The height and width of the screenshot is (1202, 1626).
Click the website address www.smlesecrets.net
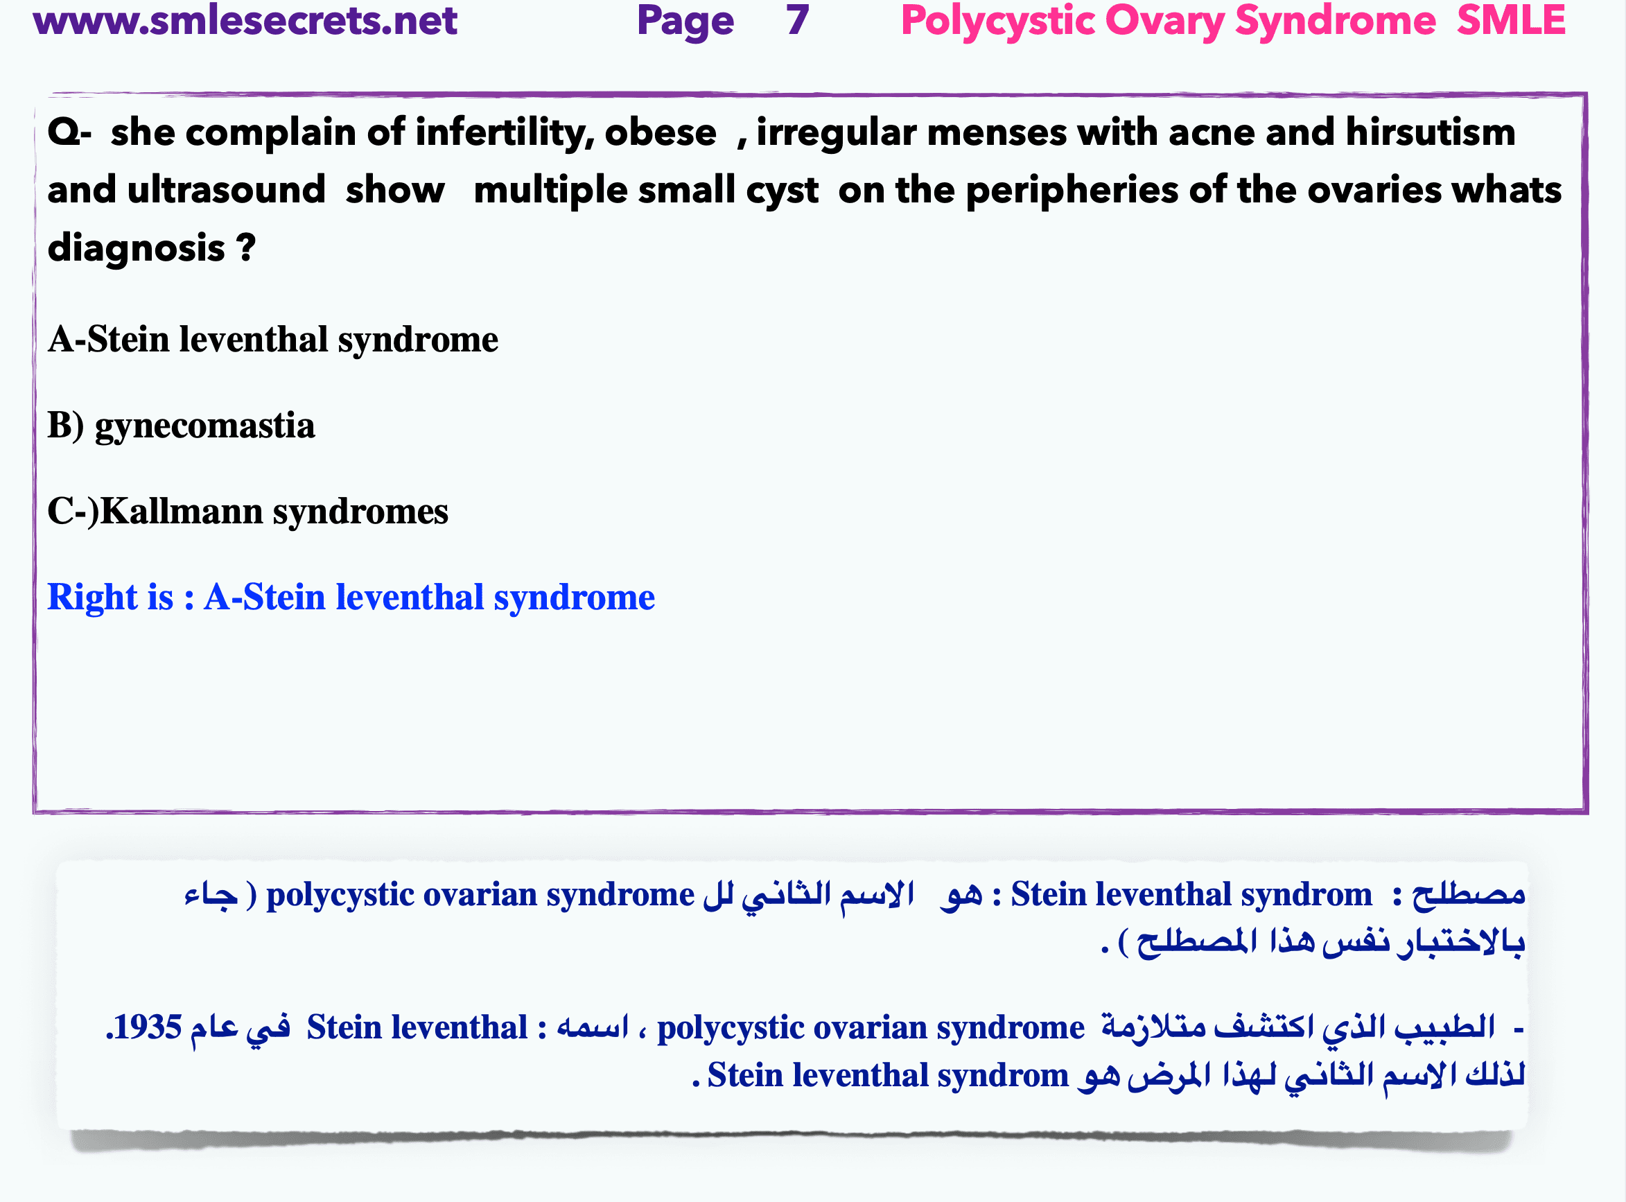coord(245,20)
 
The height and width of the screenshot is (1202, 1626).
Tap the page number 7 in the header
coord(796,20)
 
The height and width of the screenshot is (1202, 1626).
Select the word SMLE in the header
coord(1510,20)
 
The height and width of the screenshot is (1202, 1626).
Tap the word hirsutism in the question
coord(1431,133)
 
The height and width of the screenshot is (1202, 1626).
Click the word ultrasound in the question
coord(225,191)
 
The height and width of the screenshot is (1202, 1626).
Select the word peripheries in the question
coord(1072,191)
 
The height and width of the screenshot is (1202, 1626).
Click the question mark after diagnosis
coord(246,248)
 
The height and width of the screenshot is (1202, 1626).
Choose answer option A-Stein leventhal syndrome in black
coord(273,340)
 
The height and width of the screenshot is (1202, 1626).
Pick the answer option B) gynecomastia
coord(181,426)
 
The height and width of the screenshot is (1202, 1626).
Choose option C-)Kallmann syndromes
coord(247,512)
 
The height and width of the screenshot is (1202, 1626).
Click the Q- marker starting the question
coord(69,133)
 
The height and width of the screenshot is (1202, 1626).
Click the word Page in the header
coord(685,20)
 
